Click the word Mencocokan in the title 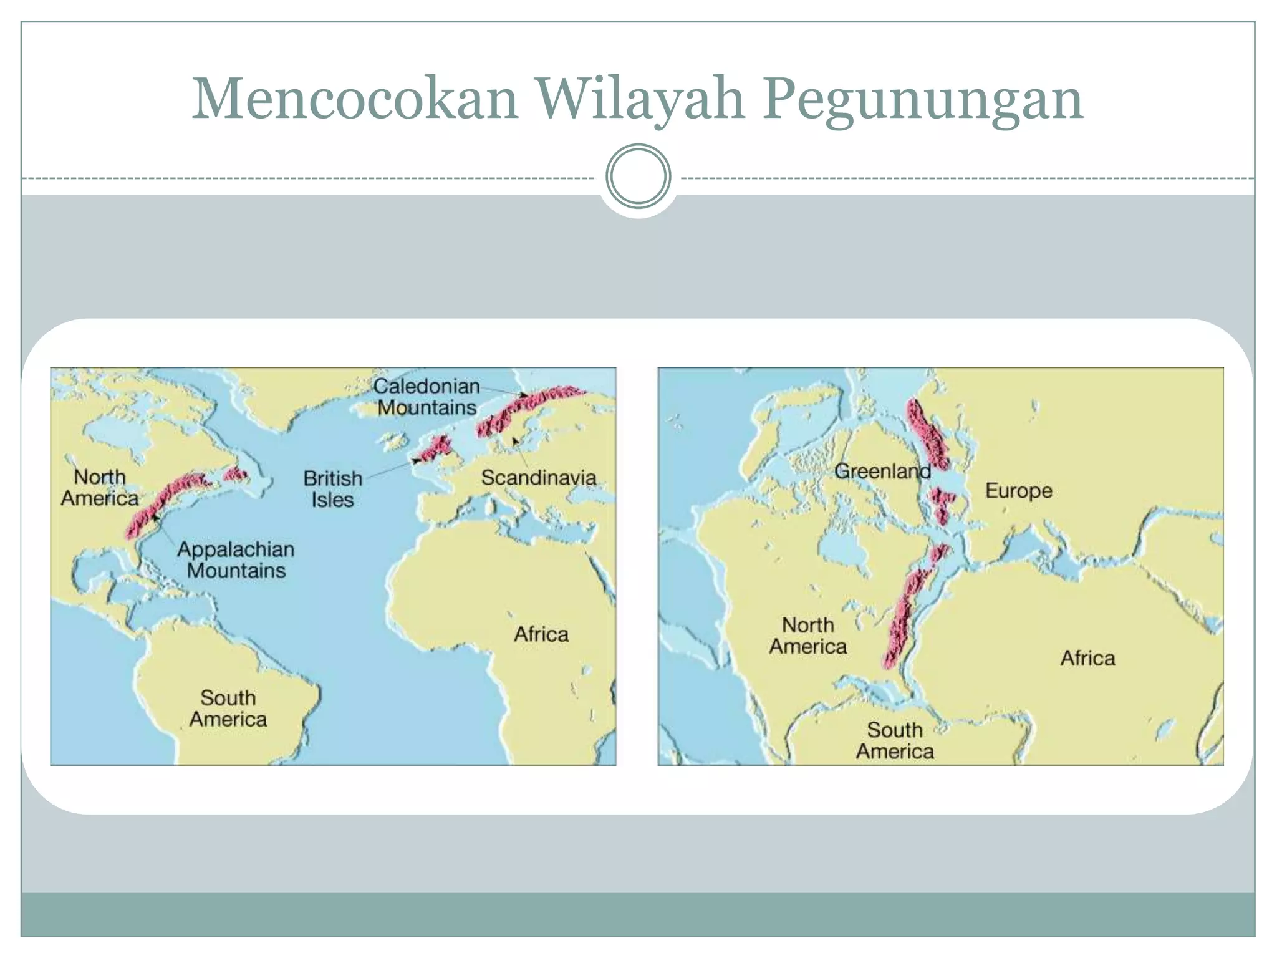355,99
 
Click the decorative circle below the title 638,177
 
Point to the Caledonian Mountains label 427,397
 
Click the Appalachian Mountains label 236,559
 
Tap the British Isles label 332,488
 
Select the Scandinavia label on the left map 538,478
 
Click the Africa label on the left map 541,634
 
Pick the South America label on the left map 228,708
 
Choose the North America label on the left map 100,487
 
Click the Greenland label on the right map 882,471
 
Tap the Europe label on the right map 1018,490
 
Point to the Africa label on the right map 1087,657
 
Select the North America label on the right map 807,636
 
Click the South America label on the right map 895,740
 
